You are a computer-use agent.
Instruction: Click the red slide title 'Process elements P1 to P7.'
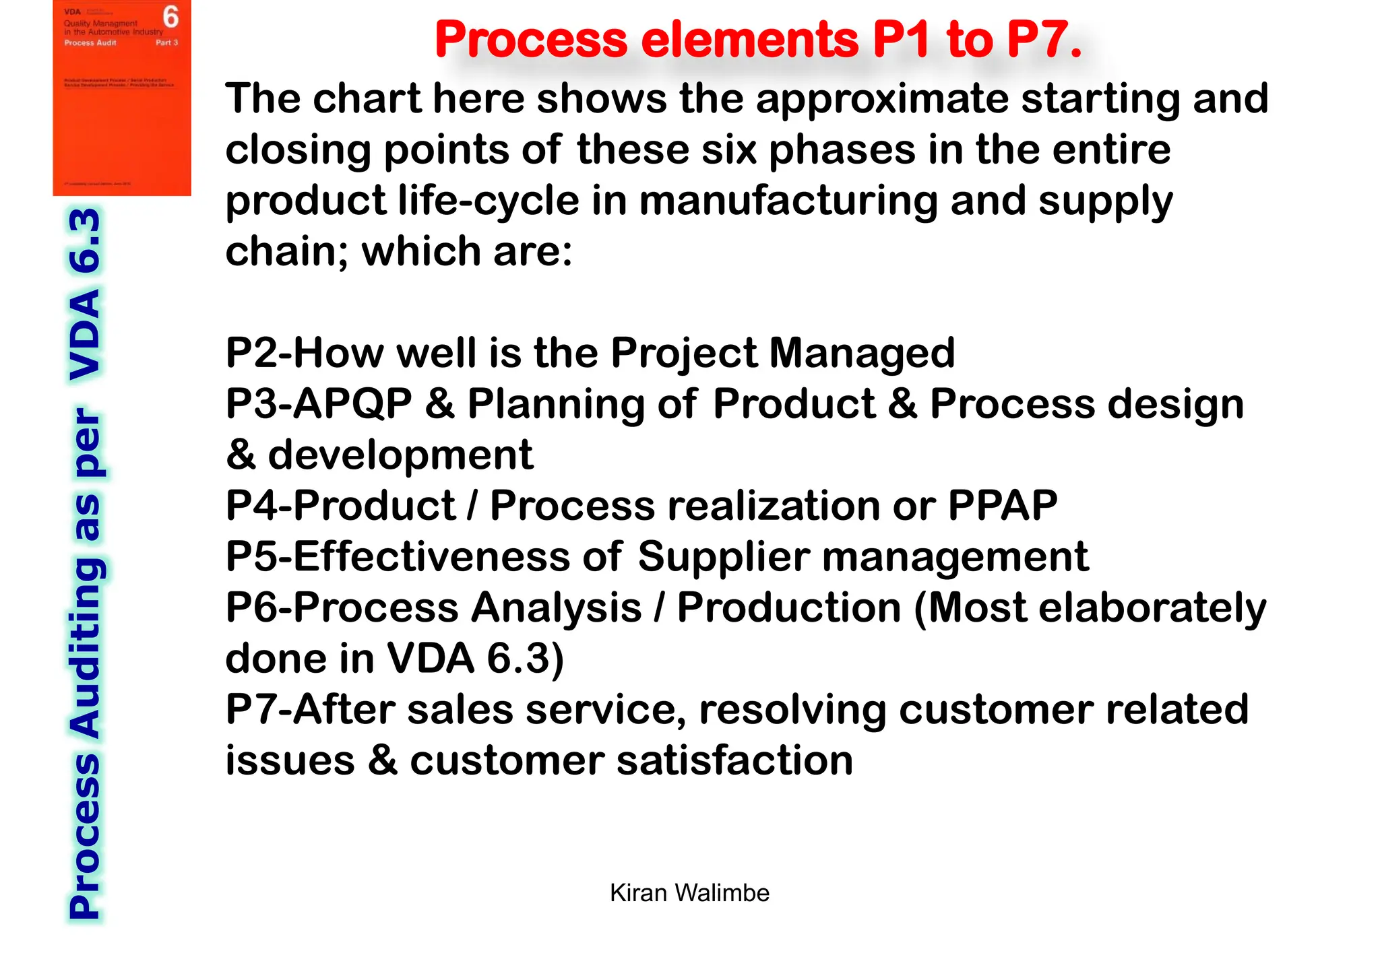[x=758, y=39]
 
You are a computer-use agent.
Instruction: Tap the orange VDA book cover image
[x=122, y=98]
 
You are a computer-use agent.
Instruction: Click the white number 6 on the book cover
[x=171, y=17]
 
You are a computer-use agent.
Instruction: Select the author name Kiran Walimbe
[x=689, y=893]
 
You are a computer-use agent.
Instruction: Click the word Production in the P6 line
[x=789, y=607]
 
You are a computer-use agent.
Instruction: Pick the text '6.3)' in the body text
[x=525, y=658]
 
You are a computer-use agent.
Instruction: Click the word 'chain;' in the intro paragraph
[x=287, y=251]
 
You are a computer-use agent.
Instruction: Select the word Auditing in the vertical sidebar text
[x=86, y=648]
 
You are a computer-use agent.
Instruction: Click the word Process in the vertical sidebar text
[x=86, y=835]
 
